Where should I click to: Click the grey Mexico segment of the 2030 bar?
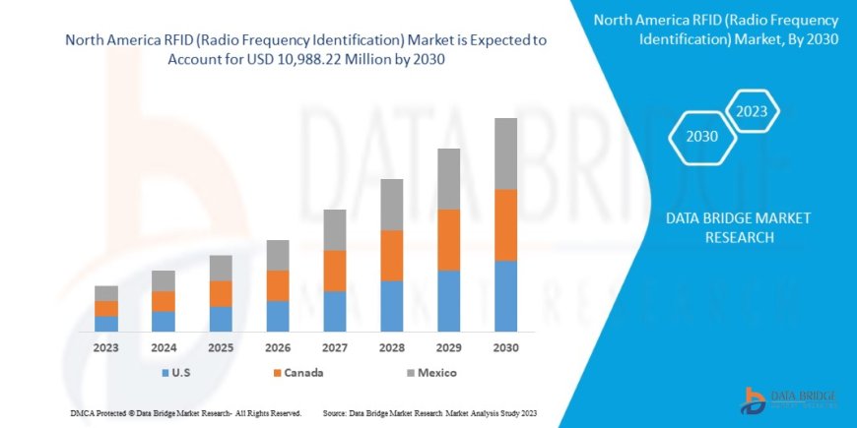point(506,153)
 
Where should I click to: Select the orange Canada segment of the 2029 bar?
point(449,239)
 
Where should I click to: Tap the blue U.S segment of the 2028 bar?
point(392,305)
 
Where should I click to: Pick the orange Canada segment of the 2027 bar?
point(335,271)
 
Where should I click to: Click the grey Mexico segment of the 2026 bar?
point(278,255)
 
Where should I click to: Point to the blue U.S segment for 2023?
point(106,323)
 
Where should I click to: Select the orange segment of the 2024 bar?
point(164,301)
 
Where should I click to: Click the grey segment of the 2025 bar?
point(221,268)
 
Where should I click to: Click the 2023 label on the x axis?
point(106,347)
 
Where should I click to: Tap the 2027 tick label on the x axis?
point(335,347)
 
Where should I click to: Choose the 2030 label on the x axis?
point(506,347)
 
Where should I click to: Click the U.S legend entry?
point(176,373)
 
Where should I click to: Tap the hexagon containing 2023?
point(754,109)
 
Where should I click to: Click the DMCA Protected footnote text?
point(186,412)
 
